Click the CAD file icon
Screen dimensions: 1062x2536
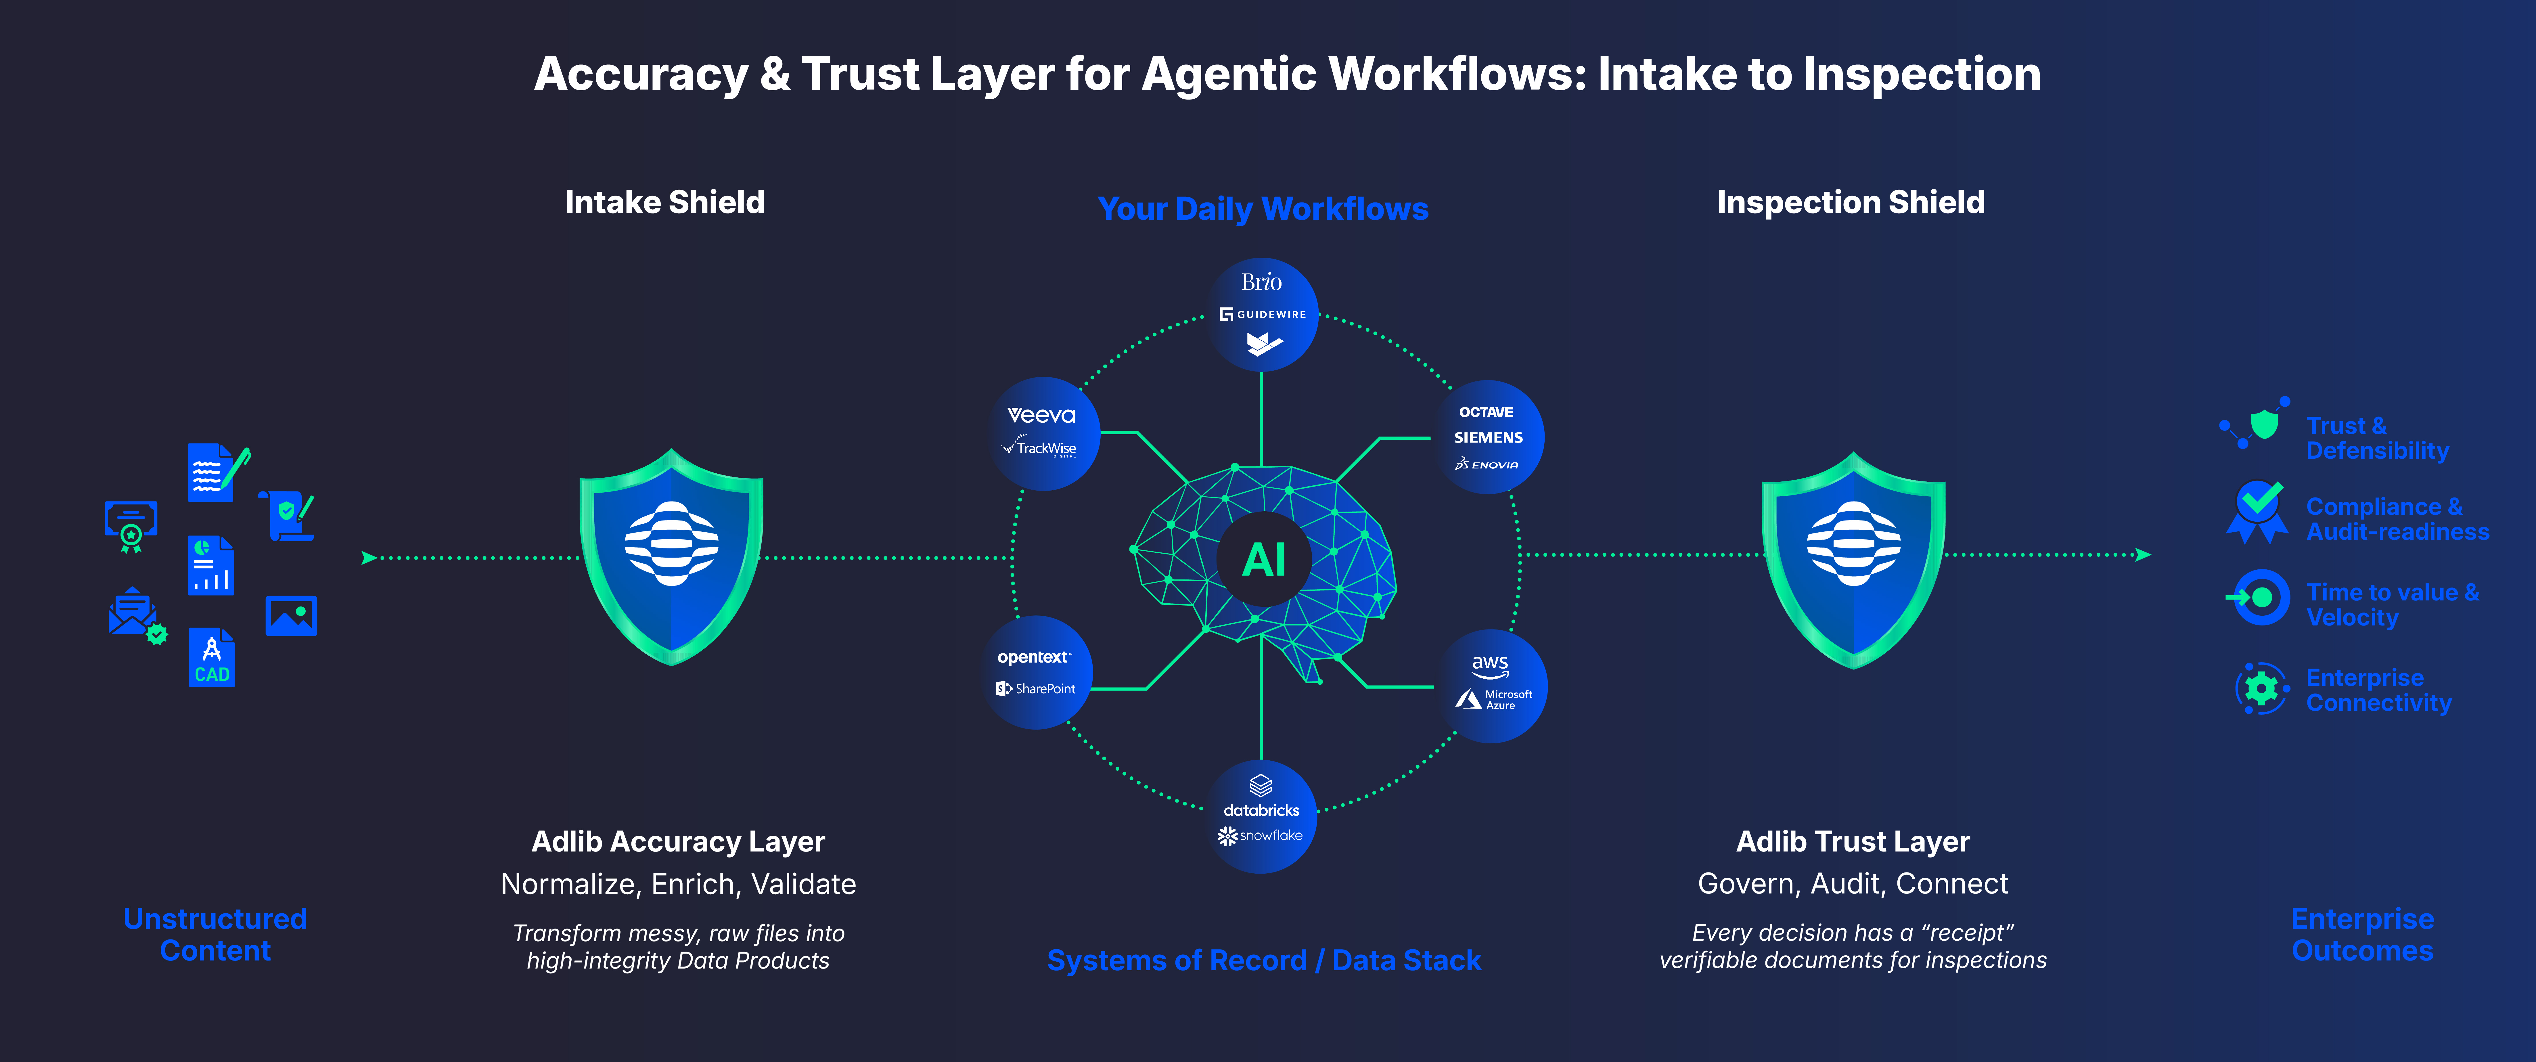[x=212, y=657]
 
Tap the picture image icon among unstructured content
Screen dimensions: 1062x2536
[x=291, y=616]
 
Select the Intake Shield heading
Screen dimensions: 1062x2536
[x=664, y=202]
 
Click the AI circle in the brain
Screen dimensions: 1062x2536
[x=1264, y=559]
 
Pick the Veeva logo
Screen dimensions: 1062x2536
[x=1041, y=415]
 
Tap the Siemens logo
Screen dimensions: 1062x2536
[x=1488, y=437]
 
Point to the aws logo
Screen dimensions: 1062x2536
[x=1489, y=665]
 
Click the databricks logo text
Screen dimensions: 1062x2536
[x=1261, y=810]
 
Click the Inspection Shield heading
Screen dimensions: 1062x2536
[x=1851, y=202]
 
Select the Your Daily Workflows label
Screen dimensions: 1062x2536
[x=1263, y=209]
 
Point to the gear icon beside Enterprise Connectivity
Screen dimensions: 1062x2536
[x=2261, y=689]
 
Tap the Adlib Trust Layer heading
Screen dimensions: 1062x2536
[x=1853, y=841]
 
